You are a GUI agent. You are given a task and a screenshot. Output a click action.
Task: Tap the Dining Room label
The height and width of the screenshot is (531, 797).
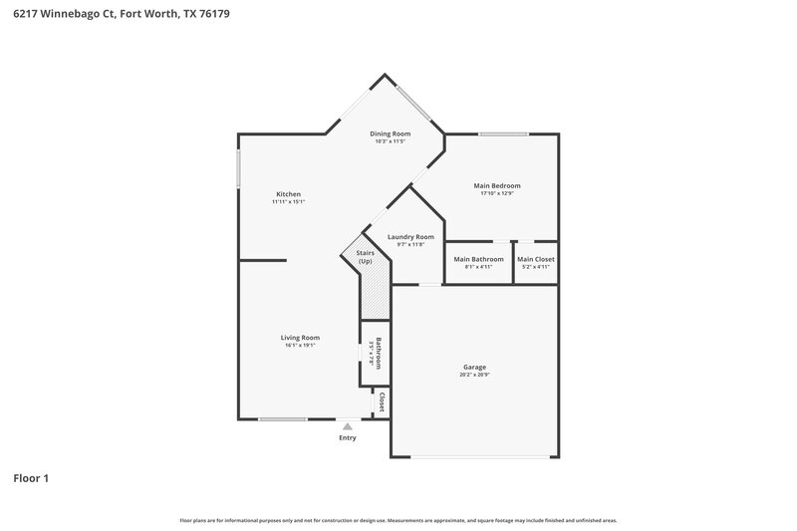(x=390, y=133)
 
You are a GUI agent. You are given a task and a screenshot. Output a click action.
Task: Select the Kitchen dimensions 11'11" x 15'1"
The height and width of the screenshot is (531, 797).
(x=288, y=202)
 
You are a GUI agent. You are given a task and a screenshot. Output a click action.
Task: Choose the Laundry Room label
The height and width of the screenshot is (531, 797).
(x=410, y=236)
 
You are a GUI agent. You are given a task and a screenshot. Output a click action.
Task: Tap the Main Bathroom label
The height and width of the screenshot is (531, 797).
(x=478, y=259)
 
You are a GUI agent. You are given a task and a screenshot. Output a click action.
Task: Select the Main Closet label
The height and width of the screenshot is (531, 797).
(x=536, y=259)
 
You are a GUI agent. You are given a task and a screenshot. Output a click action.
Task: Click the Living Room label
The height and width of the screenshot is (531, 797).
(x=299, y=338)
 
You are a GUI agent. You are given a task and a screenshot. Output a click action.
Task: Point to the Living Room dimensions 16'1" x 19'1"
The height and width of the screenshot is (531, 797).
(x=299, y=346)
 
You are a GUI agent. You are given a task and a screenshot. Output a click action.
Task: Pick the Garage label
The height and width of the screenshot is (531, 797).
(x=473, y=367)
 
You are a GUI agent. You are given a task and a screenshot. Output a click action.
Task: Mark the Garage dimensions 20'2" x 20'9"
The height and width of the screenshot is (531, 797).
(x=473, y=375)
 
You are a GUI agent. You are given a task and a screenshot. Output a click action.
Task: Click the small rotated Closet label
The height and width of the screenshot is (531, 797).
(x=382, y=401)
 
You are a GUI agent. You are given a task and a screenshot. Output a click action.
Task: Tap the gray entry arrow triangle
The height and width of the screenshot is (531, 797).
(x=347, y=425)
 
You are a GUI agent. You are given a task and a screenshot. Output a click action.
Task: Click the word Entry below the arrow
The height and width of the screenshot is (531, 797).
(x=347, y=437)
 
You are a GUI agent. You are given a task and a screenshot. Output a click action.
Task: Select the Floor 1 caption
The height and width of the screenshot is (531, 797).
(x=31, y=478)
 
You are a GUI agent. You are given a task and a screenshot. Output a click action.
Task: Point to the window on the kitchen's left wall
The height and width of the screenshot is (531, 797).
(x=237, y=167)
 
